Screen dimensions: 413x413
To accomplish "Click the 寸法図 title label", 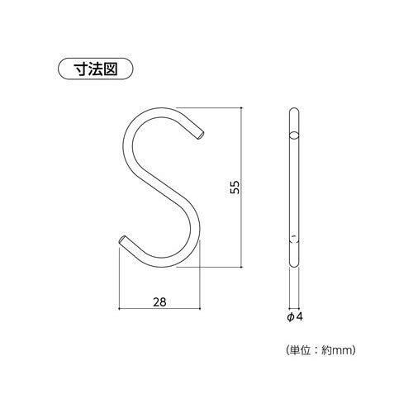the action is (96, 69).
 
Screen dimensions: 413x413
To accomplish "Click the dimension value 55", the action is (235, 188).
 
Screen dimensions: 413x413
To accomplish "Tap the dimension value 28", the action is (159, 302).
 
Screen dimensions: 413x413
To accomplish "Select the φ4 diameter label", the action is (295, 317).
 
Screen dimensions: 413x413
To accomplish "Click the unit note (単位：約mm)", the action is (321, 350).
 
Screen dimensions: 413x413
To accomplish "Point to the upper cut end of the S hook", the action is (201, 135).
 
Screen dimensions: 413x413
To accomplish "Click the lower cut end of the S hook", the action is (122, 240).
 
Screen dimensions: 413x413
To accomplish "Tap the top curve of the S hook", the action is (159, 112).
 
